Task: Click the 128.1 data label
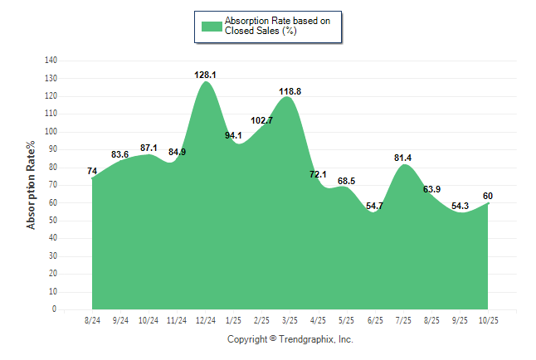(x=205, y=75)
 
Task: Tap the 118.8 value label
(x=290, y=91)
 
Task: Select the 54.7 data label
(x=375, y=206)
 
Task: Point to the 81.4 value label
(x=403, y=158)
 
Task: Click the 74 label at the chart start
(x=92, y=172)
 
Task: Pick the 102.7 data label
(x=261, y=120)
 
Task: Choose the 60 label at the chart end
(x=489, y=196)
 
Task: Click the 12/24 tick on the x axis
(x=205, y=319)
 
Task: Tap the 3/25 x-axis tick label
(x=290, y=319)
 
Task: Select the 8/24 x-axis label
(x=93, y=319)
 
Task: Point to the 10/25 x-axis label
(x=488, y=319)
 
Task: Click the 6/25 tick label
(x=375, y=319)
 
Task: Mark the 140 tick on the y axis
(x=51, y=61)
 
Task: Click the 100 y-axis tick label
(x=51, y=132)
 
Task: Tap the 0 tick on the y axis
(x=55, y=309)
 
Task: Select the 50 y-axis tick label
(x=52, y=221)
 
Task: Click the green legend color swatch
(x=212, y=26)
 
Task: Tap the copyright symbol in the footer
(x=274, y=339)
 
